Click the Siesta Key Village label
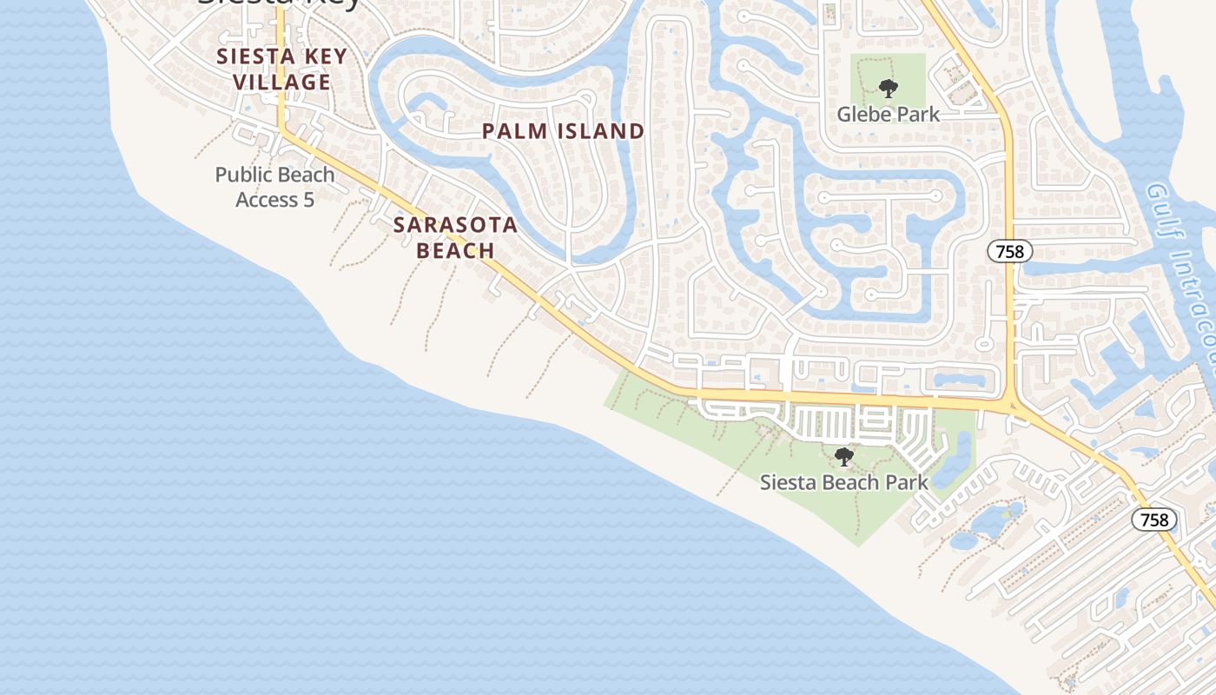click(281, 69)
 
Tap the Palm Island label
click(564, 131)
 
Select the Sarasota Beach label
click(455, 237)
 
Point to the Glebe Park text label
click(888, 114)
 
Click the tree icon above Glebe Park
click(888, 88)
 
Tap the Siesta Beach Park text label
click(843, 482)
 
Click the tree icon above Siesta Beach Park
click(843, 457)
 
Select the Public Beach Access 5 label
click(274, 187)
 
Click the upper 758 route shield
click(1009, 252)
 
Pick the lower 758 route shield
click(1153, 520)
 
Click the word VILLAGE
click(281, 83)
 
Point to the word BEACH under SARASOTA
click(455, 251)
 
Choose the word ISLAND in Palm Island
click(600, 131)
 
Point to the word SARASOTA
click(455, 225)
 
